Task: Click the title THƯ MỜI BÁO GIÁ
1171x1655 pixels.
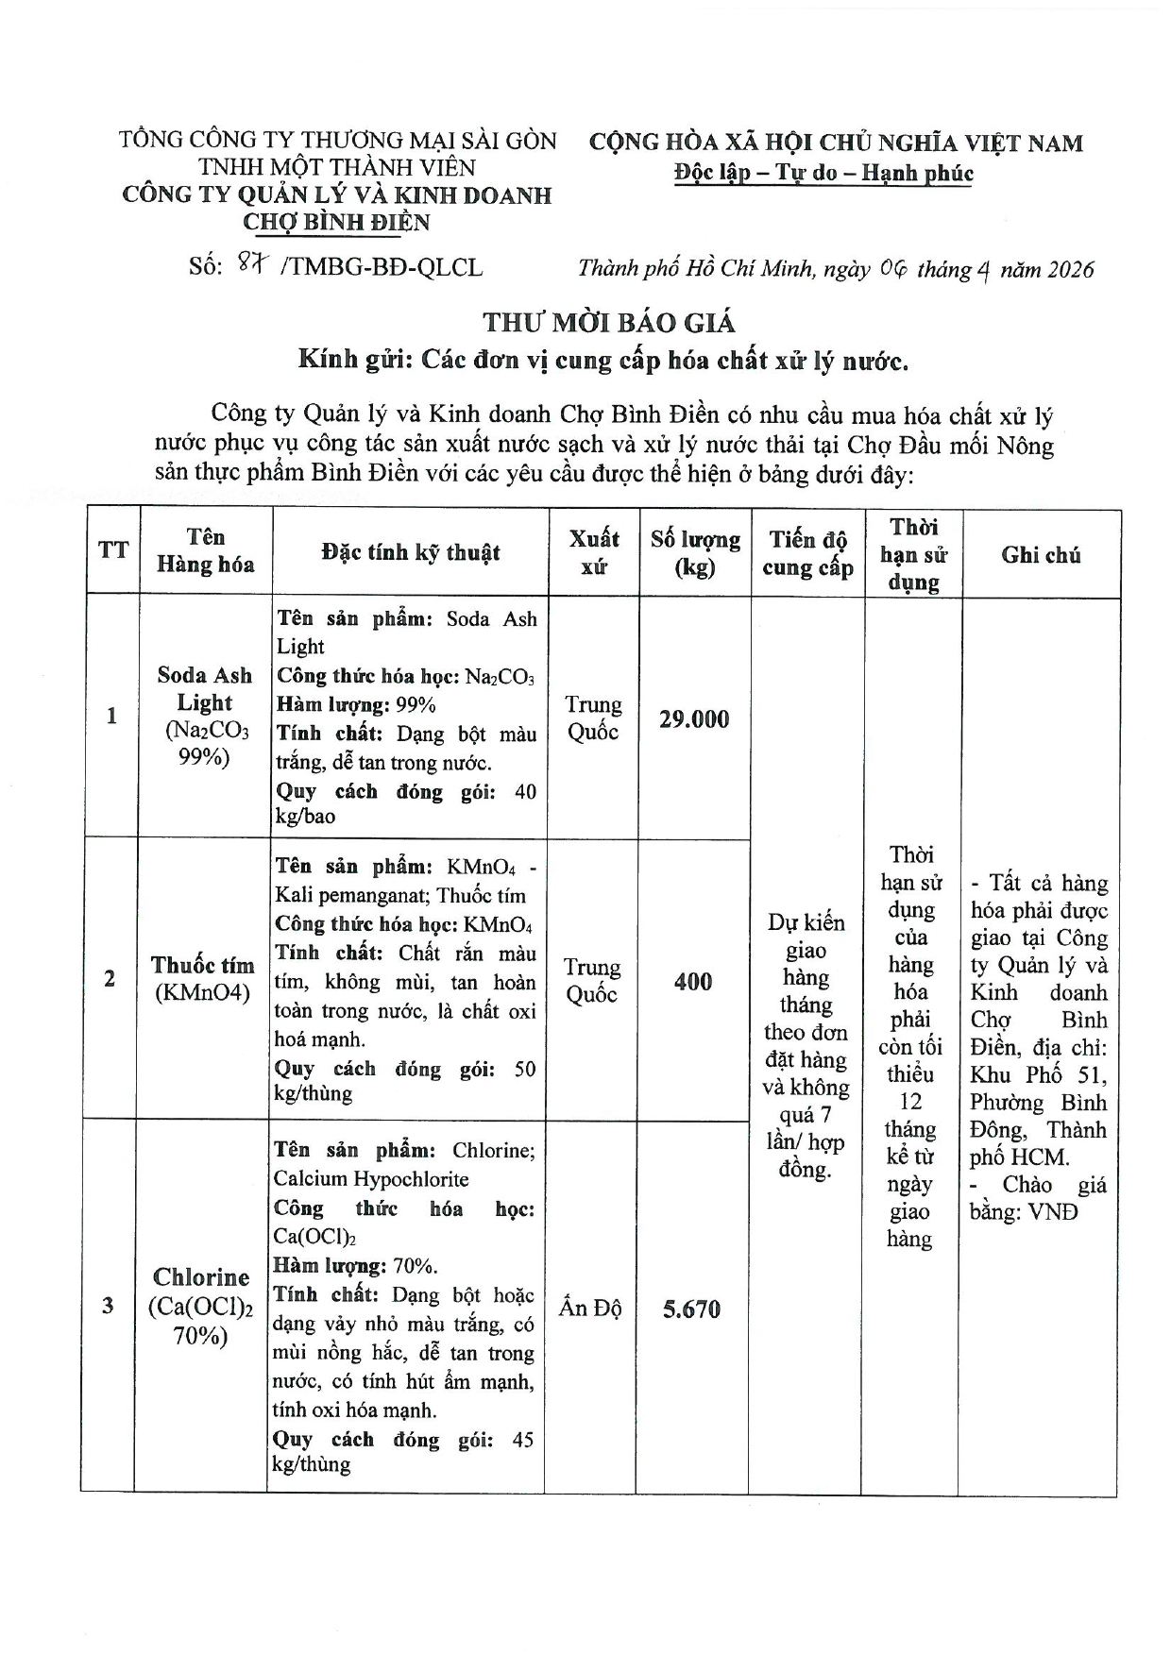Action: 609,322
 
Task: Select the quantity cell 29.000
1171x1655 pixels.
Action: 694,719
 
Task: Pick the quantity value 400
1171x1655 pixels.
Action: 693,982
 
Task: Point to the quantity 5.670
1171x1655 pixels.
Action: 691,1309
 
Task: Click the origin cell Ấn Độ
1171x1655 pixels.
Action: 590,1308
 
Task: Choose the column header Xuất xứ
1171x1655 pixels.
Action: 594,552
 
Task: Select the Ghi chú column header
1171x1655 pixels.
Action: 1041,555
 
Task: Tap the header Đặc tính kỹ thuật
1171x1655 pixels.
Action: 410,552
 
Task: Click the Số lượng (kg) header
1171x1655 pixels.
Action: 695,553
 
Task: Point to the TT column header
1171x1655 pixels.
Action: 113,550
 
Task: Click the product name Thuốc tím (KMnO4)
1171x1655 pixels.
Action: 203,979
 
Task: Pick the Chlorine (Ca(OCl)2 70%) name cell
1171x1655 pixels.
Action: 201,1306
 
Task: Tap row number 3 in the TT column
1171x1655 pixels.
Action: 108,1307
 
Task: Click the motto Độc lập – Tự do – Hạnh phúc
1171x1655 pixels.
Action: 823,173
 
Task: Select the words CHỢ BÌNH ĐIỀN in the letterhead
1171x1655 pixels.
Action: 336,223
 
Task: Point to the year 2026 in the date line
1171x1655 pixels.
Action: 1063,270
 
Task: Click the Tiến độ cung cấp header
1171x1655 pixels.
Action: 807,553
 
